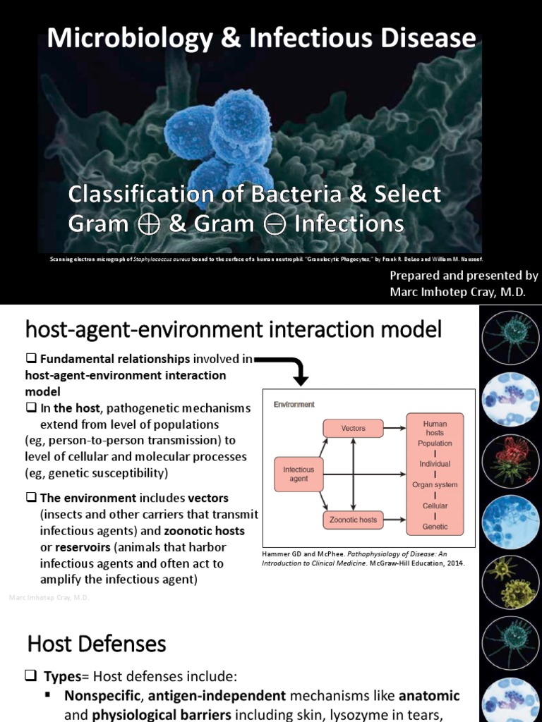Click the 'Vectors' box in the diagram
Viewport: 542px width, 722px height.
pos(353,428)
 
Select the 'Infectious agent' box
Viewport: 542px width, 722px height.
pos(299,474)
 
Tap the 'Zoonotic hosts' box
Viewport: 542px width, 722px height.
pos(353,520)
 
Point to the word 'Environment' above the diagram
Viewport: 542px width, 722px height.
pos(294,405)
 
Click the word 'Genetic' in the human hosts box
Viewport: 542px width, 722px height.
pos(435,527)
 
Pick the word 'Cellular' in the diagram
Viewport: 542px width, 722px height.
pos(435,506)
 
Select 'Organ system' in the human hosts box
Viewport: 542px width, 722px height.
pos(435,485)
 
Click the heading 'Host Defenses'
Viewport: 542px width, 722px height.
pos(97,644)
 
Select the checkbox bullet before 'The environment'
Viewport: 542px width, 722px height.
pos(31,497)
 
